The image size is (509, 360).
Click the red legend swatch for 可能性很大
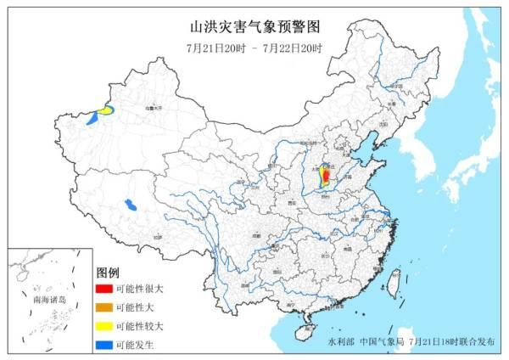click(x=103, y=289)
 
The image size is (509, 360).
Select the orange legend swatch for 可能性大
click(x=103, y=307)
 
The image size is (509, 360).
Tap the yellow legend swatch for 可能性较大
click(x=103, y=326)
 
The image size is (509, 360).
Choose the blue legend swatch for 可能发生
click(x=103, y=345)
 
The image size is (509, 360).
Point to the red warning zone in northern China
click(x=324, y=176)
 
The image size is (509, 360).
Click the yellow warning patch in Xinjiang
click(x=104, y=110)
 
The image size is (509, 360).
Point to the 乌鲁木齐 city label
click(x=151, y=108)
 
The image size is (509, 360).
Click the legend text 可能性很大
click(x=138, y=289)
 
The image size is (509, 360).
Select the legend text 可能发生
click(x=135, y=345)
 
